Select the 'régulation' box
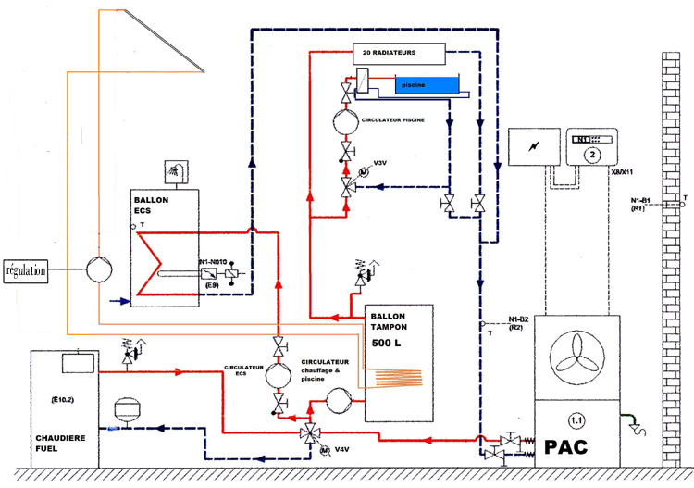[27, 270]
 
